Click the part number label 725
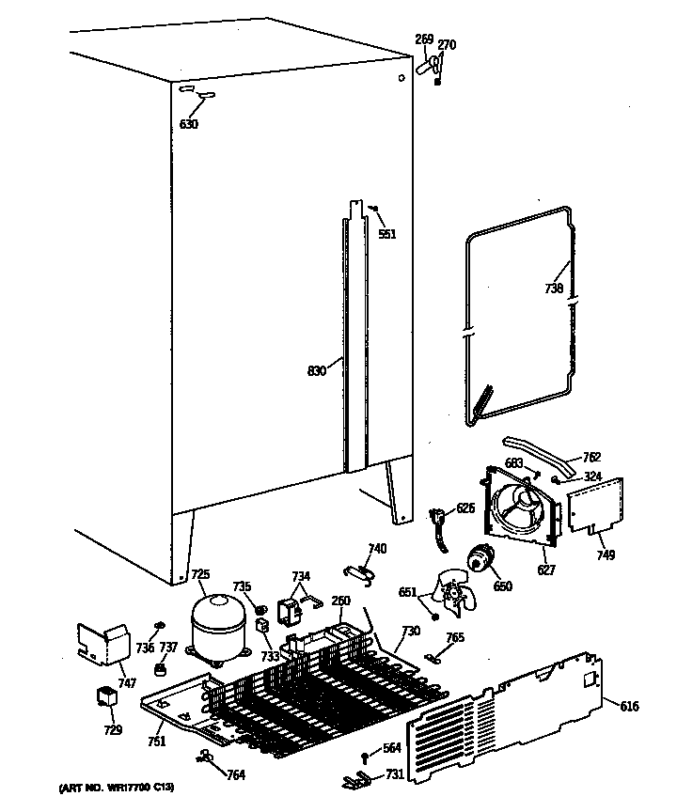[x=200, y=574]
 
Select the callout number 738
[x=554, y=289]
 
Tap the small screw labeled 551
[x=374, y=209]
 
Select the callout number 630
[x=188, y=124]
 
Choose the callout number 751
[x=156, y=742]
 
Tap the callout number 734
[x=300, y=576]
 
